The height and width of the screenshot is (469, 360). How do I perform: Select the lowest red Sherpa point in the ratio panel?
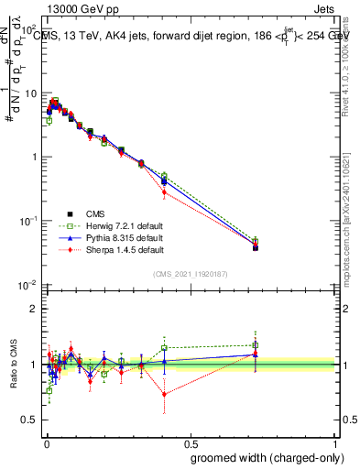(x=164, y=395)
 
